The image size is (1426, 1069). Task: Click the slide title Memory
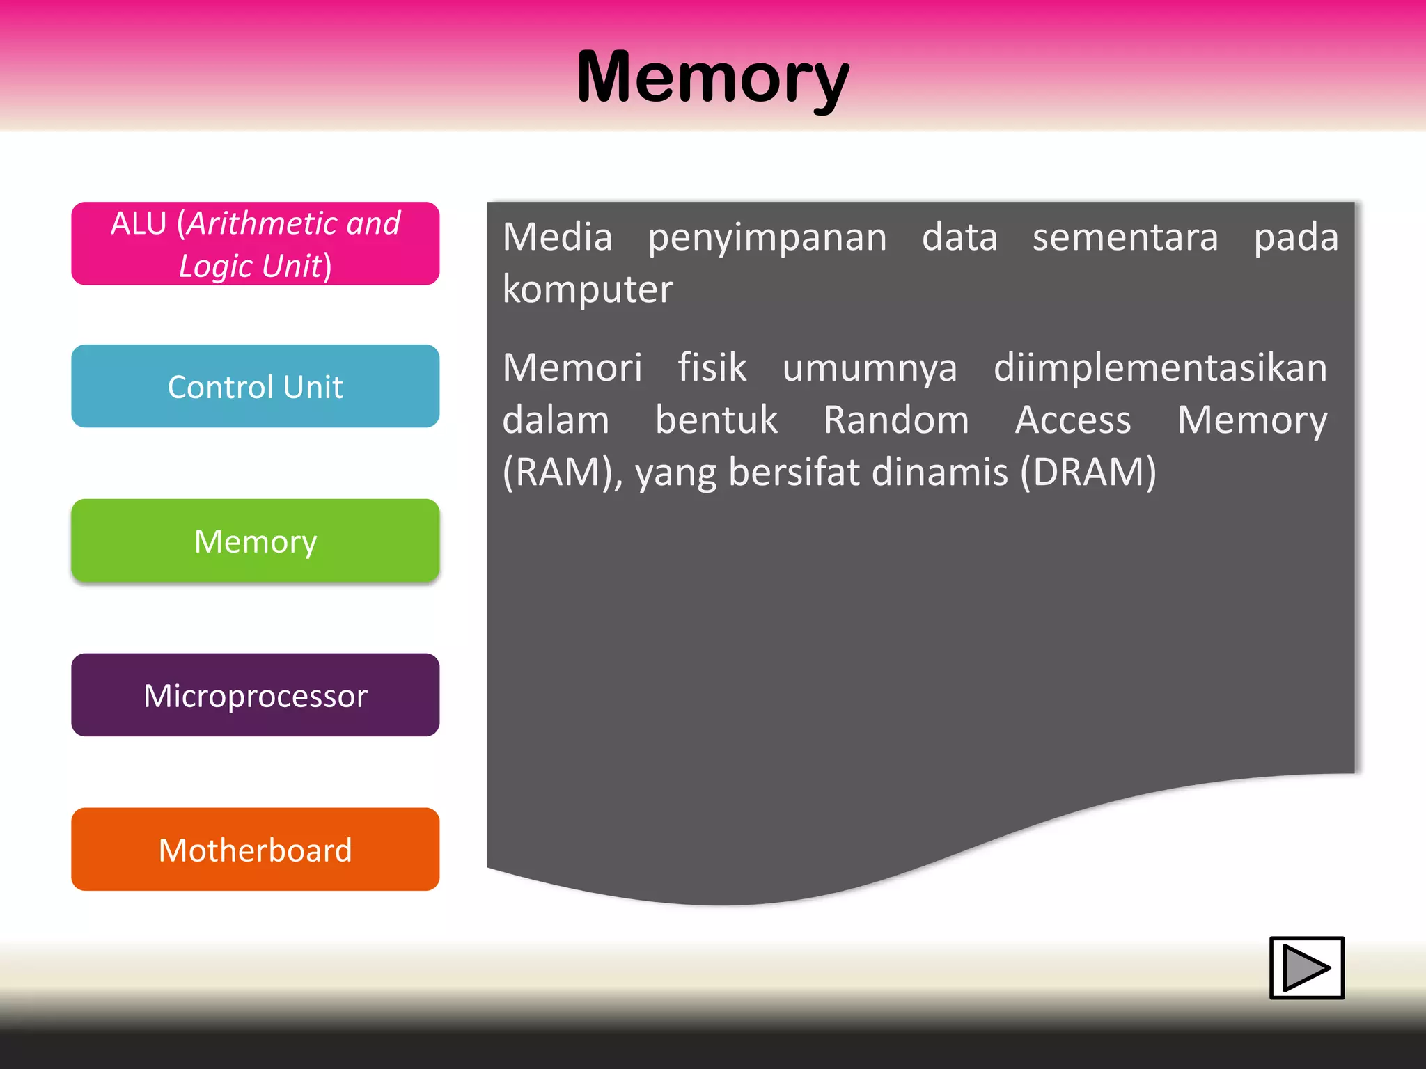coord(712,78)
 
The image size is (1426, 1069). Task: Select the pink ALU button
coord(255,244)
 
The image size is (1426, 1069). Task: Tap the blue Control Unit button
coord(255,386)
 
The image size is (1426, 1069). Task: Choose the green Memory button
coord(255,541)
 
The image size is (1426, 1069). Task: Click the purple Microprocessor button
coord(255,695)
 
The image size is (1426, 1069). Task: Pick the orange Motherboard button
coord(255,850)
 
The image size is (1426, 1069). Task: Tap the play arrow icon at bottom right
coord(1306,967)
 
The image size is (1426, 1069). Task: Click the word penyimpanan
coord(767,237)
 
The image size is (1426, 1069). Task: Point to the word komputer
coord(588,290)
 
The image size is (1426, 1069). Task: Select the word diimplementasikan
coord(1160,367)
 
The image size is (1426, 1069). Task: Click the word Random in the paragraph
coord(896,420)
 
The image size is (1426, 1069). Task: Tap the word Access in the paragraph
coord(1073,420)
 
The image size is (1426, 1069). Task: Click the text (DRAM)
coord(1088,473)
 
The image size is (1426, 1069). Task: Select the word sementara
coord(1125,237)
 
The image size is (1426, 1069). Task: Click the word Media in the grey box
coord(557,237)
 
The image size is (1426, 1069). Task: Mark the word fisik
coord(712,367)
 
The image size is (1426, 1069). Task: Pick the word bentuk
coord(716,420)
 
